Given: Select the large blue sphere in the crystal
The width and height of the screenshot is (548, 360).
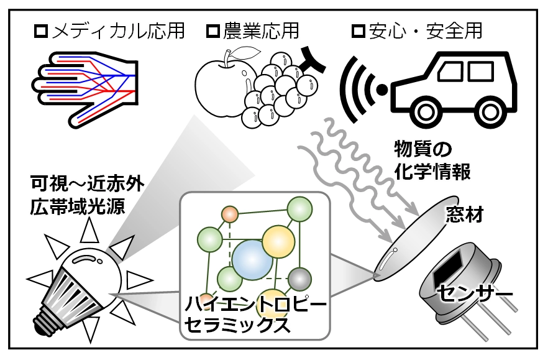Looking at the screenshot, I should [x=251, y=261].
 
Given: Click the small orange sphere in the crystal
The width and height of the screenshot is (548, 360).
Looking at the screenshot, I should [x=231, y=215].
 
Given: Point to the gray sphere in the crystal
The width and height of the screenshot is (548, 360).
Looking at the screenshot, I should [x=300, y=277].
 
